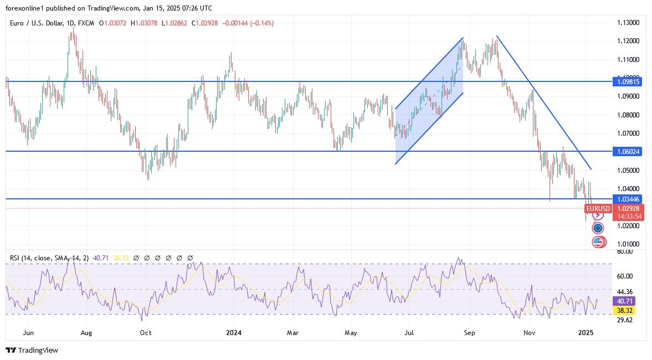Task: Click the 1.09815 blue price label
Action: [x=628, y=81]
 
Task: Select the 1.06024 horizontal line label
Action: [x=628, y=151]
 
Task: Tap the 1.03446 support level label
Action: [x=628, y=198]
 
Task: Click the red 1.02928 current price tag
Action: [x=628, y=208]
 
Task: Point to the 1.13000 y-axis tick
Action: [x=628, y=23]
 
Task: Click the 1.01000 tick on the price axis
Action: [x=628, y=244]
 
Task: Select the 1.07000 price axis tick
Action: [x=628, y=133]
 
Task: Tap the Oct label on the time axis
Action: [x=146, y=333]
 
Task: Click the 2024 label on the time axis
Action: [x=234, y=333]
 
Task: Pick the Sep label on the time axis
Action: [x=469, y=333]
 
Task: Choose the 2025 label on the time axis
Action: [x=586, y=333]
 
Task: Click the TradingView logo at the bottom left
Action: [x=32, y=350]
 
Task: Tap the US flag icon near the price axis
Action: [x=597, y=241]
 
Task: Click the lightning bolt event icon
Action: [x=598, y=214]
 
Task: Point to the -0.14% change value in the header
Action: [x=263, y=23]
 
